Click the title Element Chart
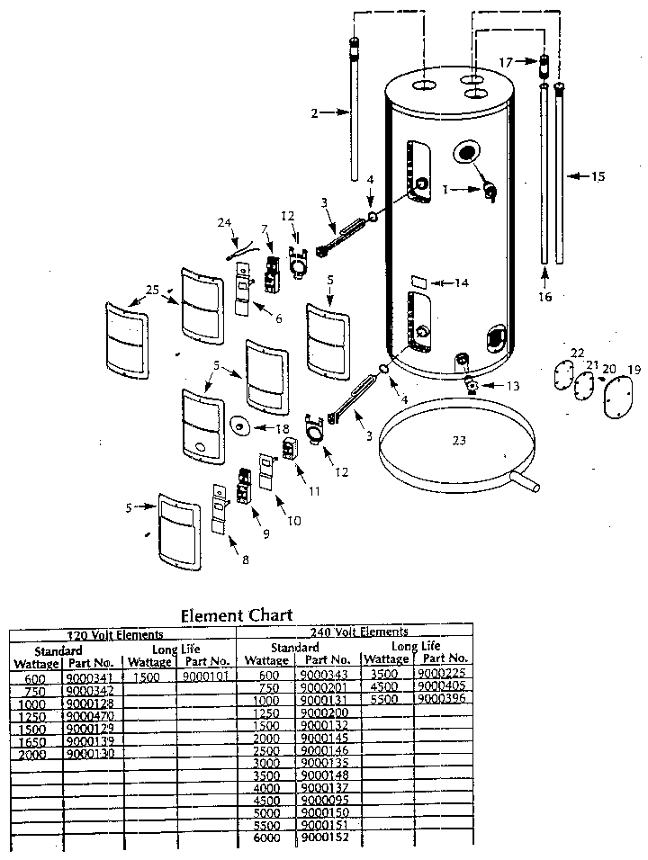click(x=236, y=615)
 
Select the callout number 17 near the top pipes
click(x=508, y=62)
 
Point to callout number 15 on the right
click(x=598, y=176)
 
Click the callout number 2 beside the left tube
click(x=315, y=112)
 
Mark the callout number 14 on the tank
click(x=461, y=282)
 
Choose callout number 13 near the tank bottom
click(x=513, y=386)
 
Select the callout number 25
click(x=152, y=289)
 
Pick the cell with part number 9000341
click(x=87, y=676)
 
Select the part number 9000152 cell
click(x=323, y=838)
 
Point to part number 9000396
click(x=442, y=698)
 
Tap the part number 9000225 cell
click(x=442, y=673)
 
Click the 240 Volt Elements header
click(x=358, y=632)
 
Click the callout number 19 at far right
click(x=634, y=369)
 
